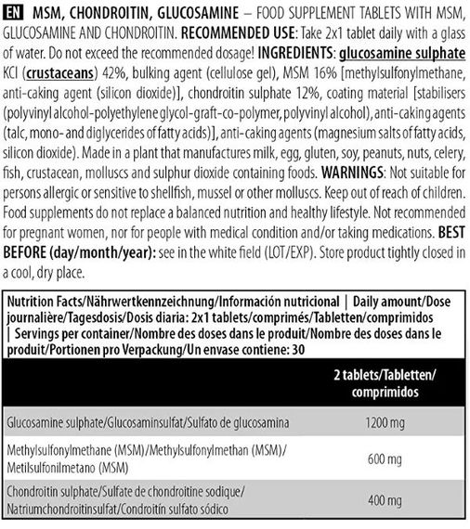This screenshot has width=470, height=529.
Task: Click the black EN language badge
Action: coord(15,11)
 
